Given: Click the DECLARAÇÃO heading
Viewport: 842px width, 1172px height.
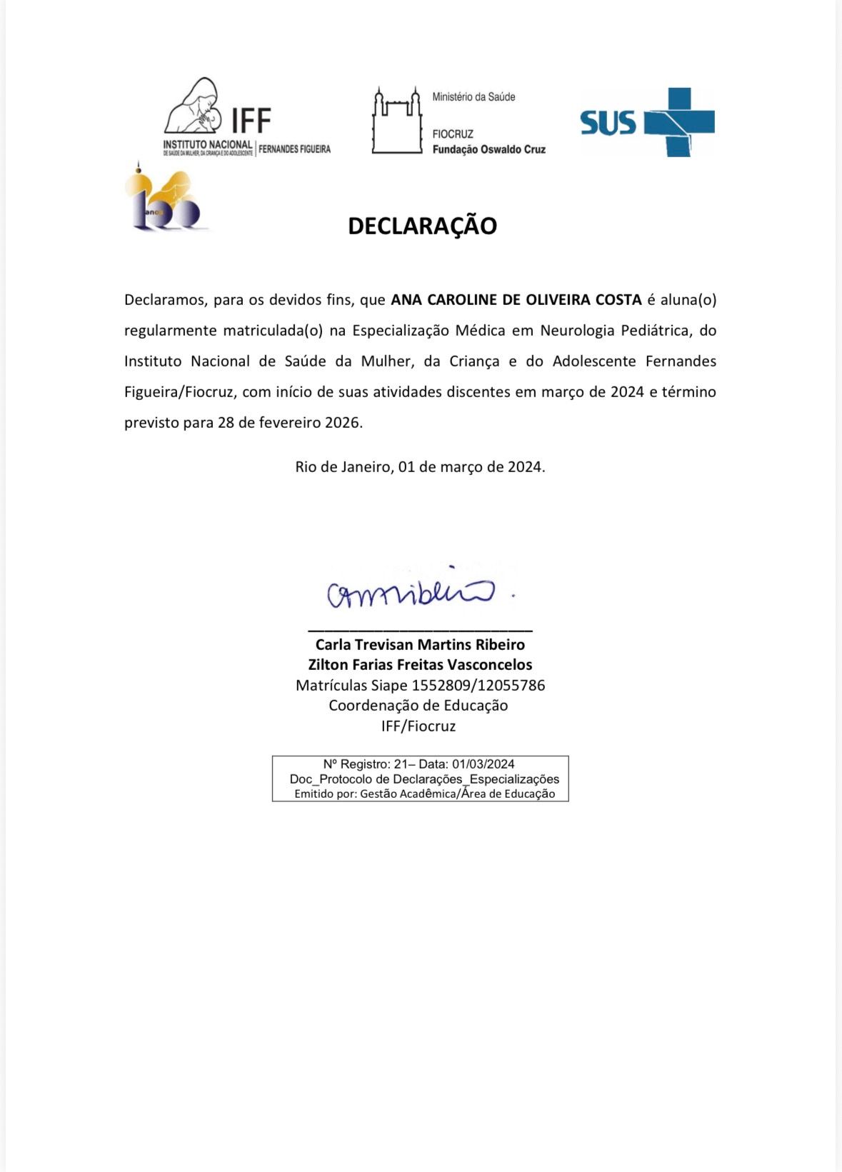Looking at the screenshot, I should click(x=422, y=226).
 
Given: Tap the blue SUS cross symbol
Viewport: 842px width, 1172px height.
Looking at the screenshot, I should click(x=679, y=122).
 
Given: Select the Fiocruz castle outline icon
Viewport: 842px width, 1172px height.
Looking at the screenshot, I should click(x=396, y=121).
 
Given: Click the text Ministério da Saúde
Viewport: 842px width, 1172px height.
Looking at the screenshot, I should click(x=473, y=97).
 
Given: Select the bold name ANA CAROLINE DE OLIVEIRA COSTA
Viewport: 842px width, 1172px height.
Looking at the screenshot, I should click(x=516, y=300).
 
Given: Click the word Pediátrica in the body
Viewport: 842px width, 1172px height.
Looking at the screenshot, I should click(x=654, y=331).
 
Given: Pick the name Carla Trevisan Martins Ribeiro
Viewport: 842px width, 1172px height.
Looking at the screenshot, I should click(x=420, y=644).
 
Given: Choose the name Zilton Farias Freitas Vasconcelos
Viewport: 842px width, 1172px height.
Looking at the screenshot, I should click(x=420, y=664).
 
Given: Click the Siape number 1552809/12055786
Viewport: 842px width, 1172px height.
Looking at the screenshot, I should click(x=478, y=686).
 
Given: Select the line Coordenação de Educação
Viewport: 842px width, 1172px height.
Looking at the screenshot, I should click(x=419, y=706).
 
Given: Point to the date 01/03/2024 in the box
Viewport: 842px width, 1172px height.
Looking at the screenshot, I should click(x=483, y=764).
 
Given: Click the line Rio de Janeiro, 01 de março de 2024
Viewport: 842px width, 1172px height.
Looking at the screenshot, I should click(x=420, y=467).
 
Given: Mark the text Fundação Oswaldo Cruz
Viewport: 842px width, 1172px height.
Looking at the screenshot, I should click(x=488, y=149).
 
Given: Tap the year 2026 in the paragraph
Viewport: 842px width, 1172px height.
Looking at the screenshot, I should click(x=342, y=423).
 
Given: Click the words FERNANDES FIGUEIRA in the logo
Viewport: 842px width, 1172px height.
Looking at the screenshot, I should click(x=294, y=149).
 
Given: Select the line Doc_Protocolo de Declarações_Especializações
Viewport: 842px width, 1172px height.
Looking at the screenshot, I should click(x=424, y=779).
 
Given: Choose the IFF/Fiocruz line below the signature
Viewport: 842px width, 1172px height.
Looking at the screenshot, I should click(x=419, y=726).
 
